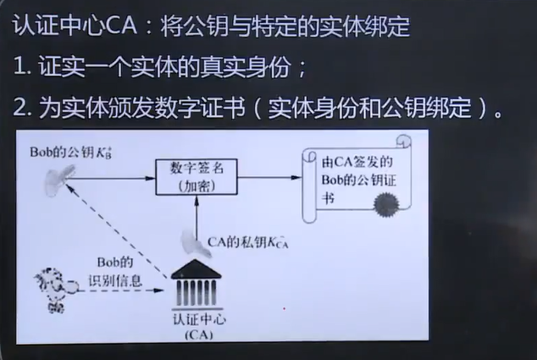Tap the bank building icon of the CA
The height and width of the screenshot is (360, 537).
tap(194, 281)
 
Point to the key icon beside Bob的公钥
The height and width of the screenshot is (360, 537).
tap(62, 175)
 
